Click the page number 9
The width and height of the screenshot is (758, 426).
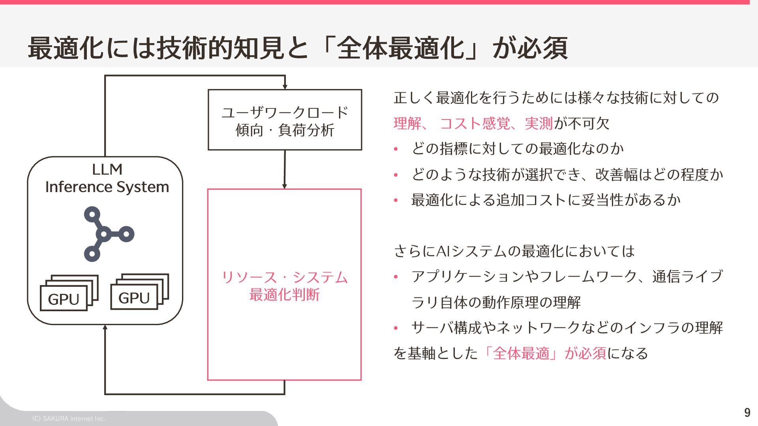(747, 413)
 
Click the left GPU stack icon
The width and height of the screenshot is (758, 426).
(69, 293)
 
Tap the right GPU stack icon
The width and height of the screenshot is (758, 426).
(139, 292)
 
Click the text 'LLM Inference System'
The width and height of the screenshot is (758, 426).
(107, 178)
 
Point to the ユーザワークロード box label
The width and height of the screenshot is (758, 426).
(285, 121)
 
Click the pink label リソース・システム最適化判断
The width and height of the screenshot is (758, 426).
(285, 286)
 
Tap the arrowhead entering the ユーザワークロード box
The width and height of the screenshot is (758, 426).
(285, 87)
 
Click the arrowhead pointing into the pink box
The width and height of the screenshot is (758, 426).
(285, 186)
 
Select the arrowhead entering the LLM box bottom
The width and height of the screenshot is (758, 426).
(105, 328)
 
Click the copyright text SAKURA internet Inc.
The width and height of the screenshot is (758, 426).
(69, 419)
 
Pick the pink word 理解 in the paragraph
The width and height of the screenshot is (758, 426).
(407, 123)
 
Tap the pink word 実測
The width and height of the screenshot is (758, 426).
(538, 123)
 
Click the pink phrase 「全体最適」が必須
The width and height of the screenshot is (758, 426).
(544, 353)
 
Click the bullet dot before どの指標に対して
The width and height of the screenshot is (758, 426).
(396, 149)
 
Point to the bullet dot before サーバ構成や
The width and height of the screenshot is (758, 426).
(396, 328)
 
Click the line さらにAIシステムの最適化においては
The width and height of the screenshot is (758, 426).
(514, 251)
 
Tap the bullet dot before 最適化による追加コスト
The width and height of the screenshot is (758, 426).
(396, 201)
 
